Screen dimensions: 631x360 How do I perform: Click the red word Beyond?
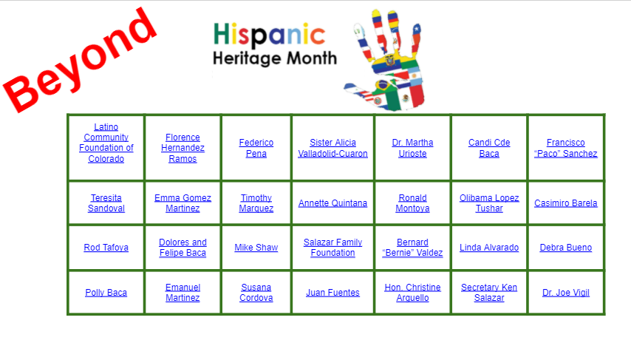click(79, 60)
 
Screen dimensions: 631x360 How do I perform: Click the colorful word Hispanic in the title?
click(269, 34)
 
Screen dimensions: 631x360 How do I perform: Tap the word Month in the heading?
click(312, 58)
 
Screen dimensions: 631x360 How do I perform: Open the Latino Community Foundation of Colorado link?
click(106, 143)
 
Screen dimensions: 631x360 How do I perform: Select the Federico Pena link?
click(256, 148)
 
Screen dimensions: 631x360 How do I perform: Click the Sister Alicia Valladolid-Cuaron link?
click(332, 148)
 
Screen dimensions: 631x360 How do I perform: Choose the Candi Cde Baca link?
click(489, 148)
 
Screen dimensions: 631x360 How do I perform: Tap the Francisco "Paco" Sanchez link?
click(565, 148)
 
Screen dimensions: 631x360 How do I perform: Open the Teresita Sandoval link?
click(106, 203)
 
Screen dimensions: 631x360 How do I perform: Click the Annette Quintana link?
click(332, 203)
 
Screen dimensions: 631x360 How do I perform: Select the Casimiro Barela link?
click(565, 203)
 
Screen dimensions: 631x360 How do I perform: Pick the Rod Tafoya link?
click(106, 247)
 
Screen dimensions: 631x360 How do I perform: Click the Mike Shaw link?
click(256, 247)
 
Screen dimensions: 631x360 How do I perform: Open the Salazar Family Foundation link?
click(332, 247)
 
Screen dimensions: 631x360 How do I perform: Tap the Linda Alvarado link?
click(489, 247)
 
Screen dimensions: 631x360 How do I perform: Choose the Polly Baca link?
click(106, 292)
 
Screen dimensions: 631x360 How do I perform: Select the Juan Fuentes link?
click(332, 292)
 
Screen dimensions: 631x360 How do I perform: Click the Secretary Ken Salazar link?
click(489, 292)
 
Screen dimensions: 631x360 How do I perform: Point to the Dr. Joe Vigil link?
click(565, 292)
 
